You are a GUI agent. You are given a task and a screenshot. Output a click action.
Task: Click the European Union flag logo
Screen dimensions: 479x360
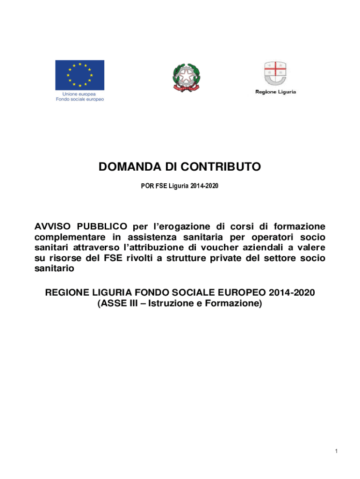point(79,75)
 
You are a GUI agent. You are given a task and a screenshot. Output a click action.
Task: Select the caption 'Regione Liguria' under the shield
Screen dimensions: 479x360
point(275,92)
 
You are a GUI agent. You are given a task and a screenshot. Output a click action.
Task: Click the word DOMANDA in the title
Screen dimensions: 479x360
point(124,167)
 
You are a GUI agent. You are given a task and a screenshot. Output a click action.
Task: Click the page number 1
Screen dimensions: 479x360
point(336,451)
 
